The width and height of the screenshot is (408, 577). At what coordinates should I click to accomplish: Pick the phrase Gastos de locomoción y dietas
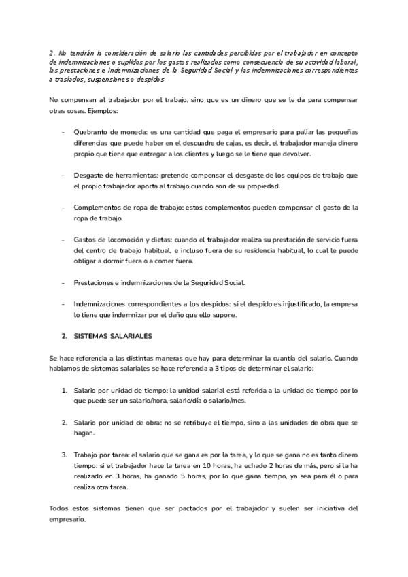(123, 240)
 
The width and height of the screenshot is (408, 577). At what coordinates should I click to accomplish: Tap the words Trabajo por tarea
(101, 455)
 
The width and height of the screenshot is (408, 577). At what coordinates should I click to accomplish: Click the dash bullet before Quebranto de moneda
(63, 131)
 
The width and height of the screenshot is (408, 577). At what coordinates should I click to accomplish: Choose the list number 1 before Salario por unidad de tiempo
(64, 390)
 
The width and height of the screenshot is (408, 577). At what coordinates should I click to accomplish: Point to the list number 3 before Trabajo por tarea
(64, 455)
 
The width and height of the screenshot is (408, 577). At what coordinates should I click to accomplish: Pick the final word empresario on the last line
(68, 519)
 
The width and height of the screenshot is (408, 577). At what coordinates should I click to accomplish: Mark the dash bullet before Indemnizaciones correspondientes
(63, 304)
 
